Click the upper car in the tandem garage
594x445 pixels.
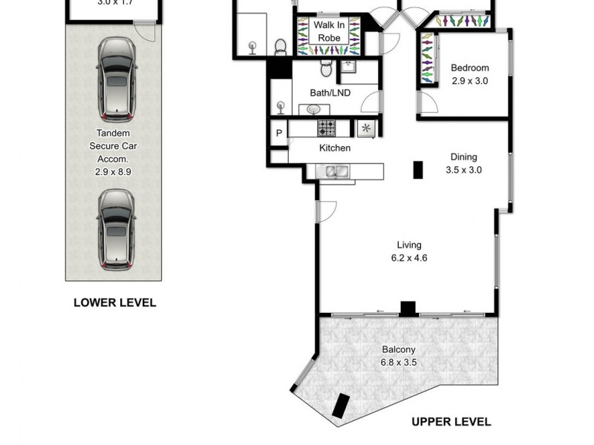pyautogui.click(x=117, y=79)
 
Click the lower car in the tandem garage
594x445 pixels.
pyautogui.click(x=117, y=228)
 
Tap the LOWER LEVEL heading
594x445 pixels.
pyautogui.click(x=114, y=303)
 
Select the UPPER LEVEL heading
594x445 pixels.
pyautogui.click(x=451, y=421)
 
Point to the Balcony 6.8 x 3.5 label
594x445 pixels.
pyautogui.click(x=399, y=356)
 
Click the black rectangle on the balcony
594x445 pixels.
pyautogui.click(x=341, y=406)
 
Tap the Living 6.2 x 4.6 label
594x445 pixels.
pyautogui.click(x=409, y=251)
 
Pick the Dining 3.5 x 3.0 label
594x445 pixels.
pyautogui.click(x=463, y=163)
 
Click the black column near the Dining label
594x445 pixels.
pyautogui.click(x=418, y=170)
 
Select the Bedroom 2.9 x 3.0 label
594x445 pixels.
pyautogui.click(x=470, y=74)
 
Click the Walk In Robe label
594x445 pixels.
pyautogui.click(x=327, y=31)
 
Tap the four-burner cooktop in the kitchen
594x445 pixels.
pyautogui.click(x=327, y=128)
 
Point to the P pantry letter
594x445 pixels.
pyautogui.click(x=279, y=133)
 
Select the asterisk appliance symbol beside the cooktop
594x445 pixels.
pyautogui.click(x=366, y=128)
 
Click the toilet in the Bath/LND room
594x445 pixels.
pyautogui.click(x=326, y=70)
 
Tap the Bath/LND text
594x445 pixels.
pyautogui.click(x=330, y=93)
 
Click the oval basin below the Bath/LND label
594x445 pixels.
pyautogui.click(x=314, y=109)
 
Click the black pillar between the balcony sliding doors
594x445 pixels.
pyautogui.click(x=407, y=308)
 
